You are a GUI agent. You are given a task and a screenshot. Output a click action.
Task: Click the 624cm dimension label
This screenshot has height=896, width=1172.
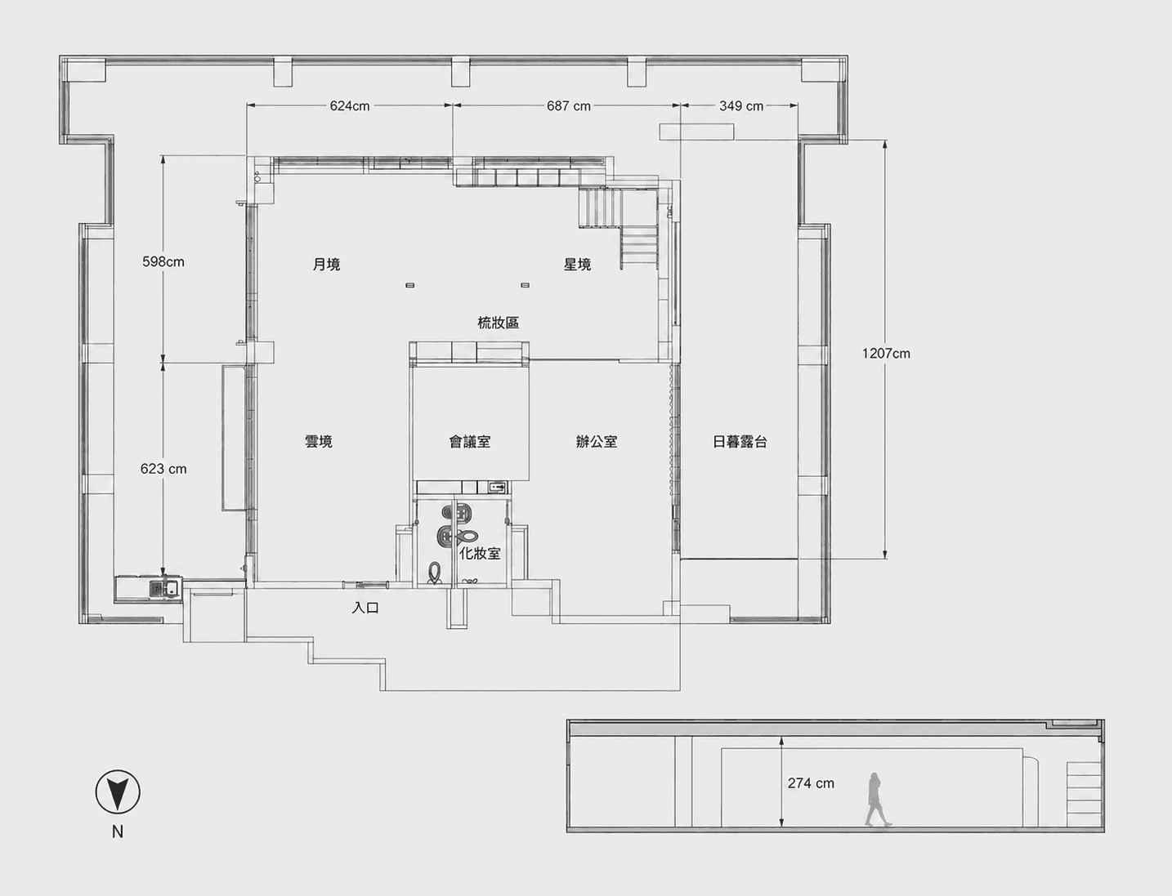coord(350,106)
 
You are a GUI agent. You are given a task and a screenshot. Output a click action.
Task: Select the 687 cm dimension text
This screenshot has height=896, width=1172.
coord(569,106)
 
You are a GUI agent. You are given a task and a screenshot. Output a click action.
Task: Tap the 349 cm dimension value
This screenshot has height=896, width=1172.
coord(741,106)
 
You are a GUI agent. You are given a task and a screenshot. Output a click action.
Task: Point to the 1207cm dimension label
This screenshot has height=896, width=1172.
coord(886,354)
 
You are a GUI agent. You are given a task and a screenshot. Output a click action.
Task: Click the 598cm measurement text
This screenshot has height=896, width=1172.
coord(163,261)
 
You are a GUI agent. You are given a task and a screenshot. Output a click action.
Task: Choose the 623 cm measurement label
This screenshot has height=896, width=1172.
coord(163,469)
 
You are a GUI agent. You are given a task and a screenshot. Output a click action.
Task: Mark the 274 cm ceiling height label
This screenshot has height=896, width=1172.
coord(811,782)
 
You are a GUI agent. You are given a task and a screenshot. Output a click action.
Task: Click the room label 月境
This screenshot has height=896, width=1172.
coord(326,264)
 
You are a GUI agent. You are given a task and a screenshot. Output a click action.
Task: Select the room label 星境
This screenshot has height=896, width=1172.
coord(577,264)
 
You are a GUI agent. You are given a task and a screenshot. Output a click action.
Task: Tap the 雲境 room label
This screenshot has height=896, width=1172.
coord(319,441)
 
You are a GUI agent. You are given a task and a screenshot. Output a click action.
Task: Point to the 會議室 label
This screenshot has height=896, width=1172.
coord(469,441)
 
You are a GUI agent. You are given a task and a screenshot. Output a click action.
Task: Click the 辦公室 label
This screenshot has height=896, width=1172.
coord(597,441)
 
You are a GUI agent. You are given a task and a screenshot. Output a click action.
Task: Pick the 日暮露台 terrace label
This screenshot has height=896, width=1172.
coord(740,441)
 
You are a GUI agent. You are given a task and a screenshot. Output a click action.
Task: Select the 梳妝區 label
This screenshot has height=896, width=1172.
coord(499,323)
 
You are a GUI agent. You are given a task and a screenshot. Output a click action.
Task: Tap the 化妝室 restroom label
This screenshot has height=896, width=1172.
coord(481,554)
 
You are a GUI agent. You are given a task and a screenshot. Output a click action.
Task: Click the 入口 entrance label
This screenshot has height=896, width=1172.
coord(366,608)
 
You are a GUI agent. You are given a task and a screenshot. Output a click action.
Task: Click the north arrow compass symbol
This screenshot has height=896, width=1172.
coord(118,792)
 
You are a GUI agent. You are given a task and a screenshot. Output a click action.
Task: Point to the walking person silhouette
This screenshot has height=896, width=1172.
coord(877,800)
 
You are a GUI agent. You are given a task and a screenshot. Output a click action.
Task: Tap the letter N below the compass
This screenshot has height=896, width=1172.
coord(118,831)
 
